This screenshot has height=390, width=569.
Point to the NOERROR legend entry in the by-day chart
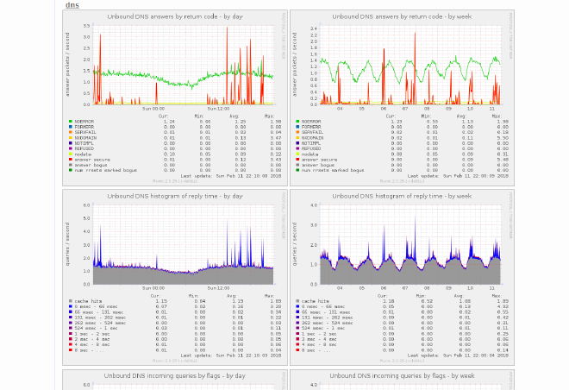click(x=84, y=122)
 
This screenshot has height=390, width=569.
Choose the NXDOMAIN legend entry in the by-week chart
click(x=312, y=138)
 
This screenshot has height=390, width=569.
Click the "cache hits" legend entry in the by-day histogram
click(x=87, y=301)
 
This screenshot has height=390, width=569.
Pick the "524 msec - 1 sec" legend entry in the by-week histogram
click(x=320, y=328)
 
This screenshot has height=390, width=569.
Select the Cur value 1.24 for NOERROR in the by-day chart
click(x=170, y=122)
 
